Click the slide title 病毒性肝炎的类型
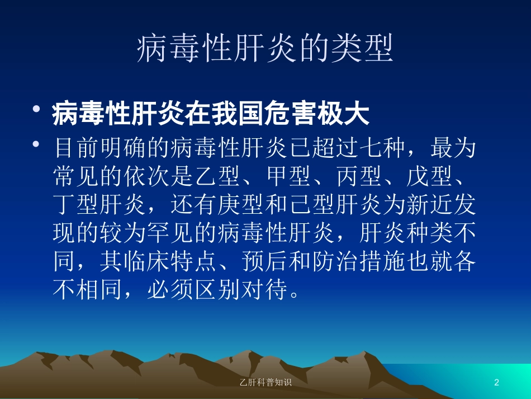(x=265, y=48)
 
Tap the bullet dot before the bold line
(x=36, y=109)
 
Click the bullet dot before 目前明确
(x=36, y=144)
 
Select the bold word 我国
(x=237, y=114)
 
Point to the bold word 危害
(x=290, y=114)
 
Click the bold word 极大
(x=343, y=114)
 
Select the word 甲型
(x=288, y=176)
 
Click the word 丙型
(x=359, y=176)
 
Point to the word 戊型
(x=430, y=176)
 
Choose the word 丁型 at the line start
(x=76, y=205)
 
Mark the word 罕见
(x=170, y=233)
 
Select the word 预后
(x=265, y=261)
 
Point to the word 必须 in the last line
(x=170, y=289)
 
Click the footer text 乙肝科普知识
(x=265, y=382)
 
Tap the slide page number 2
(x=496, y=382)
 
